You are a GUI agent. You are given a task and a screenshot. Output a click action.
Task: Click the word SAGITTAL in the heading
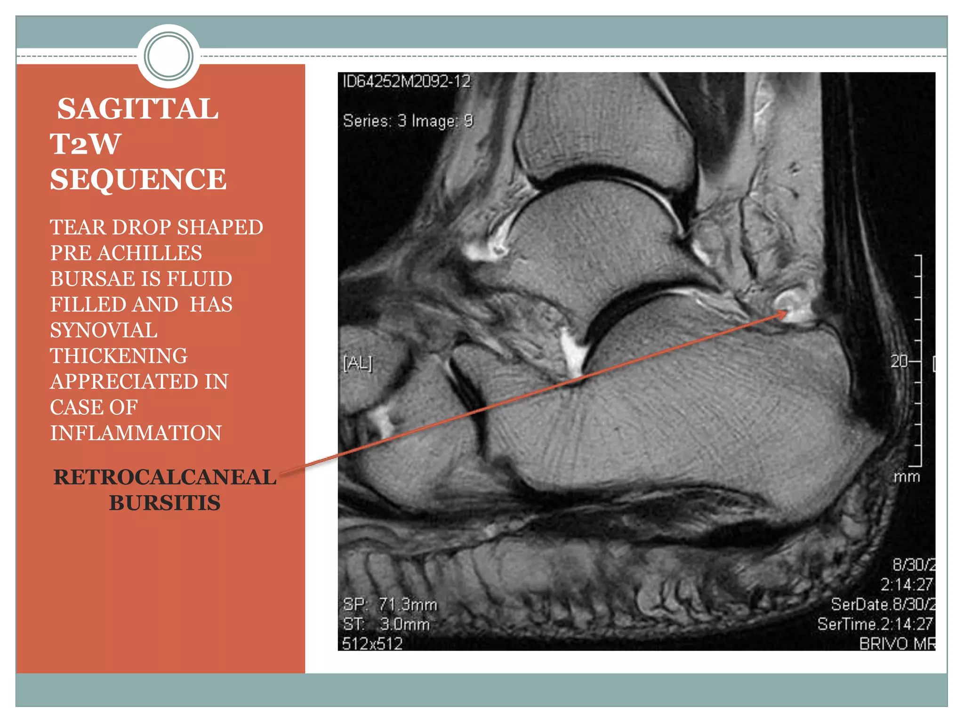[137, 109]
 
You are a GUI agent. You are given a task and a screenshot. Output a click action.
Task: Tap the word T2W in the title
[85, 144]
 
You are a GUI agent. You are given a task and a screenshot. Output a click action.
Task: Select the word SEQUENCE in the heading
[138, 179]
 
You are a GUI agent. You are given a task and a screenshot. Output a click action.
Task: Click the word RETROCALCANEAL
[165, 477]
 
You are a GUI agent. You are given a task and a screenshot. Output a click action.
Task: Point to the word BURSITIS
[165, 503]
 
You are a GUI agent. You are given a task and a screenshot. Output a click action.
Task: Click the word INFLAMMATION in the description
[136, 433]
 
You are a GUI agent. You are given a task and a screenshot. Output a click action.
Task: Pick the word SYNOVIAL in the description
[104, 330]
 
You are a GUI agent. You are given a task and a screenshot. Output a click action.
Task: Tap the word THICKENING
[119, 356]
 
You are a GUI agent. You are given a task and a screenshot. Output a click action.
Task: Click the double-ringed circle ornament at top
[169, 56]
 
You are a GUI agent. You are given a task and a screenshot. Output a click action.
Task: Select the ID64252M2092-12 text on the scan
[407, 81]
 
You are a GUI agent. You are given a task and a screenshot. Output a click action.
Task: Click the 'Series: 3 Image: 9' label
[408, 121]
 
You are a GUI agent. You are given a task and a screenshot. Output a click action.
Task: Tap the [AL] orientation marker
[358, 363]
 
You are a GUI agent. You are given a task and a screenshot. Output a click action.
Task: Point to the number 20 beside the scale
[899, 361]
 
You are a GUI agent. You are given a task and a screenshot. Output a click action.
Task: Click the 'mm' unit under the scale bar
[906, 477]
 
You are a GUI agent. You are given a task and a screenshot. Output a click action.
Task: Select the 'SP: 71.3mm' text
[390, 604]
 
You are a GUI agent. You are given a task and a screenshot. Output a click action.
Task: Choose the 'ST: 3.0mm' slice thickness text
[386, 624]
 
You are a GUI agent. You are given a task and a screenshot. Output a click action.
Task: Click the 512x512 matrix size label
[372, 643]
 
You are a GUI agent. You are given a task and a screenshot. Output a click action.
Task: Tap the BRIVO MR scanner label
[897, 643]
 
